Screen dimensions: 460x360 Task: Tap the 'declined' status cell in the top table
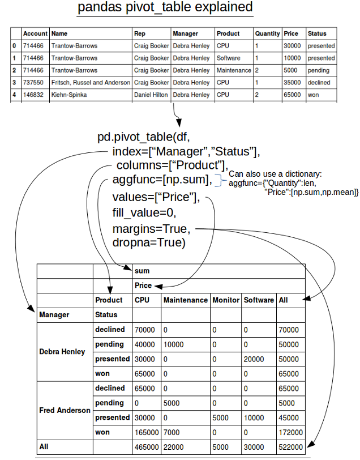tap(319, 83)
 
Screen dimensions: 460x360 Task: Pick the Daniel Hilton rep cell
tap(151, 95)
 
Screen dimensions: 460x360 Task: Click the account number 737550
tap(35, 83)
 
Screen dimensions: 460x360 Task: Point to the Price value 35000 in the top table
tap(292, 83)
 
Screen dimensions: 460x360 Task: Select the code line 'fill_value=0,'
tap(144, 214)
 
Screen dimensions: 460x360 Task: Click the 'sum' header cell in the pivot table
tap(143, 271)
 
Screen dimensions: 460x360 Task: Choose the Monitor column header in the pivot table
tap(226, 300)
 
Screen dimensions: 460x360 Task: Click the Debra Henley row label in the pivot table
tap(62, 351)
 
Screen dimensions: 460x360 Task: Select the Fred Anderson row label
tap(65, 410)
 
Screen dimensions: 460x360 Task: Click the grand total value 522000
tap(290, 447)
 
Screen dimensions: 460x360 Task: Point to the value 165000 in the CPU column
tap(145, 432)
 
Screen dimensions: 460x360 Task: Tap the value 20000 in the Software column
tap(254, 359)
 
